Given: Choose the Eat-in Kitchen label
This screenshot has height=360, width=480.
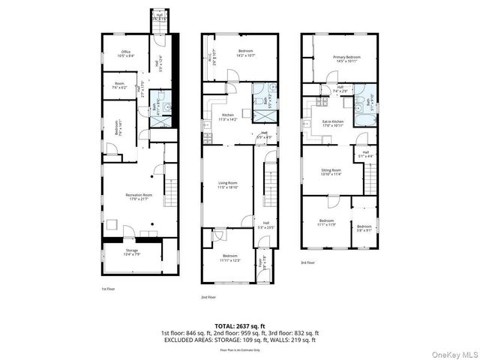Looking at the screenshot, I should click(333, 123).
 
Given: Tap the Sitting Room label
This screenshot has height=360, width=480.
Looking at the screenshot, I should click(331, 172).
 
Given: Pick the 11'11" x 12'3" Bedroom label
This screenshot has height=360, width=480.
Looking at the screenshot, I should click(229, 258).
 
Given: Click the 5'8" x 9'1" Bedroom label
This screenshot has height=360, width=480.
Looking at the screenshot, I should click(364, 228).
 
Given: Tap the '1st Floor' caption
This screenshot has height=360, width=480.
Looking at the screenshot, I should click(109, 288).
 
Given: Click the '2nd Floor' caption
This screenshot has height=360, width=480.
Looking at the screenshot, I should click(208, 297).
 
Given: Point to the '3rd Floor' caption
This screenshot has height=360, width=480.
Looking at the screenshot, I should click(308, 262).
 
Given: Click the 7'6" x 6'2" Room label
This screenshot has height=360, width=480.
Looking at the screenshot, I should click(119, 85).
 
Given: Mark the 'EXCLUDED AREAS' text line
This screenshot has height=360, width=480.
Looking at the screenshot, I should click(239, 340).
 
